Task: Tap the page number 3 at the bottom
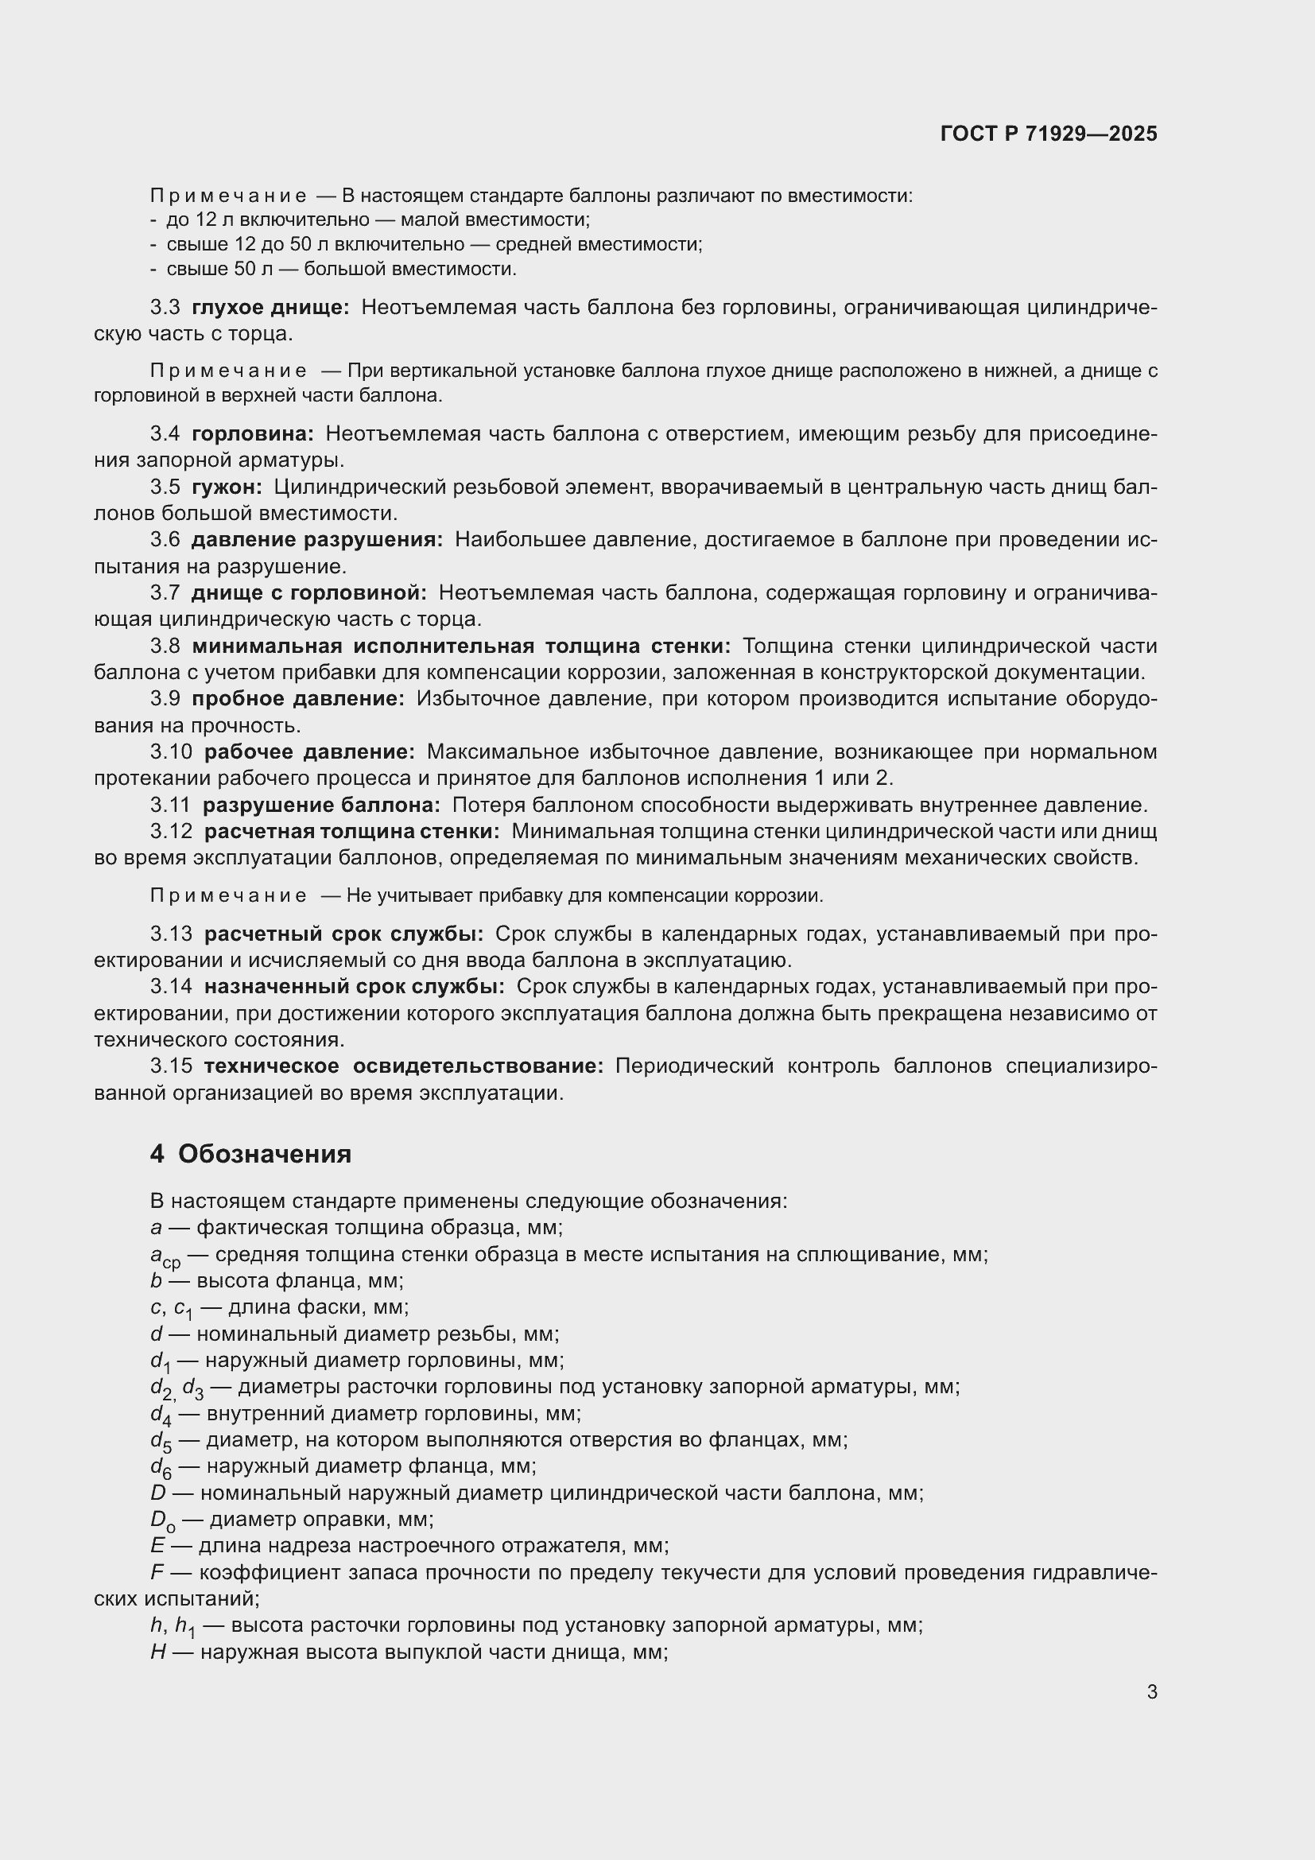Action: pos(1151,1691)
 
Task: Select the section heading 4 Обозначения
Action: pos(250,1154)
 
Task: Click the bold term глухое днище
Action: pos(270,307)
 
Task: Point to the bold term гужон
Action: pos(226,487)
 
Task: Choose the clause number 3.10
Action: pos(171,751)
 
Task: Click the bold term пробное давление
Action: pos(297,698)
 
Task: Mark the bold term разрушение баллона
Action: pos(320,805)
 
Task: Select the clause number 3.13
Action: pos(171,934)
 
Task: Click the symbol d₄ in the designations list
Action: pos(161,1415)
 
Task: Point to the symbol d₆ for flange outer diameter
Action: pos(161,1467)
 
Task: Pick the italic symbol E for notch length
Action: pos(157,1546)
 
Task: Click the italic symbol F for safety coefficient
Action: pos(157,1572)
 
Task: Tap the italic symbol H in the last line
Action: pos(158,1652)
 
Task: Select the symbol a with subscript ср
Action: pos(165,1256)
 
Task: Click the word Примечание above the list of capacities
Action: pos(228,196)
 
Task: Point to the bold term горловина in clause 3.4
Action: pos(253,433)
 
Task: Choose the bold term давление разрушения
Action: pos(316,539)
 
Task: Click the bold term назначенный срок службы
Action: pos(354,987)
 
